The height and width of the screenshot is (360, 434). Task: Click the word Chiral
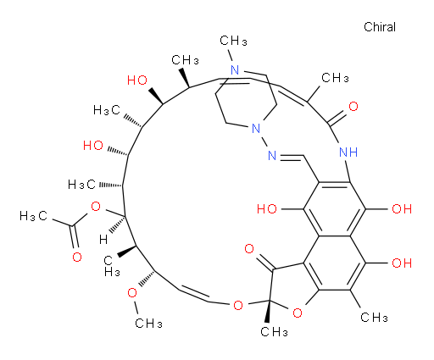[x=380, y=27]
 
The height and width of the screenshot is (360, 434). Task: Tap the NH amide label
[x=348, y=152]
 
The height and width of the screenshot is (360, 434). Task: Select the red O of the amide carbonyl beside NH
[x=353, y=107]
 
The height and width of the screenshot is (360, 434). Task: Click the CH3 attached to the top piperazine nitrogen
[x=233, y=41]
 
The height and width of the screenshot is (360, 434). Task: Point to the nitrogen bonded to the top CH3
[x=235, y=70]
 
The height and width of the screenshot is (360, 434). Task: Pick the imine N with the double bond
[x=272, y=155]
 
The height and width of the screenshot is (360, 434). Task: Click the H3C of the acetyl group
[x=33, y=216]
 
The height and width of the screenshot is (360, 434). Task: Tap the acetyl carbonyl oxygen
[x=77, y=258]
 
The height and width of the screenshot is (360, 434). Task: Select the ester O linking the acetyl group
[x=96, y=207]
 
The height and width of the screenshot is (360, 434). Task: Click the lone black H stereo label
[x=103, y=240]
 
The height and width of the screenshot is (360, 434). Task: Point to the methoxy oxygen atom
[x=132, y=293]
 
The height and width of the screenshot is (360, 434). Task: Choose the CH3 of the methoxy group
[x=148, y=324]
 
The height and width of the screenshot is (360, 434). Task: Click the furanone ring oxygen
[x=298, y=313]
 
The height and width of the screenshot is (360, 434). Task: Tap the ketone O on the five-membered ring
[x=249, y=249]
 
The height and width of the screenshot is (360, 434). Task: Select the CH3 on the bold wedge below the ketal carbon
[x=274, y=332]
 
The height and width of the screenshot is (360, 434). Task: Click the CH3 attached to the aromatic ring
[x=374, y=318]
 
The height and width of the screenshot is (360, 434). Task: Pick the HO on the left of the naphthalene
[x=267, y=209]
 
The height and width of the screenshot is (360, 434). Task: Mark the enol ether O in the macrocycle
[x=238, y=306]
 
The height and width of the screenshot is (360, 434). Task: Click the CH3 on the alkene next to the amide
[x=335, y=78]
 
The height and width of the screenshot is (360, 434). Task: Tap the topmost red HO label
[x=137, y=80]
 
